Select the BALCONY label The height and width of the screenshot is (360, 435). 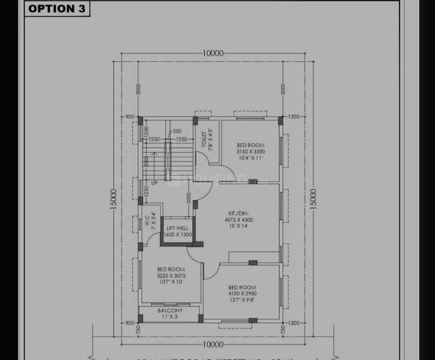tap(170, 311)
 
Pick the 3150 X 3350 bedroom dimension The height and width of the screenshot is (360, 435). tap(250, 151)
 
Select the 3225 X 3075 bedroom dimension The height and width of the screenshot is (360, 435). tap(171, 275)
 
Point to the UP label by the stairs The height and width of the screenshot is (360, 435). tap(155, 182)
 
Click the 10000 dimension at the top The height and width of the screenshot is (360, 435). tap(212, 54)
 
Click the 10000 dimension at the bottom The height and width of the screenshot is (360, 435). tap(212, 344)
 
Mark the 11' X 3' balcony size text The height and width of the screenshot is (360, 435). tap(170, 317)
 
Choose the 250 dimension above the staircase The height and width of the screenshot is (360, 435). tap(177, 131)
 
